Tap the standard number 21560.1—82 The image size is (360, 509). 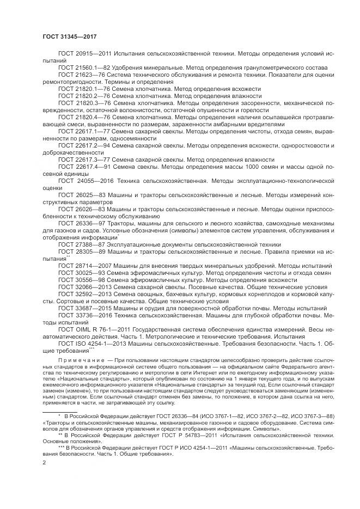click(x=91, y=69)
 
